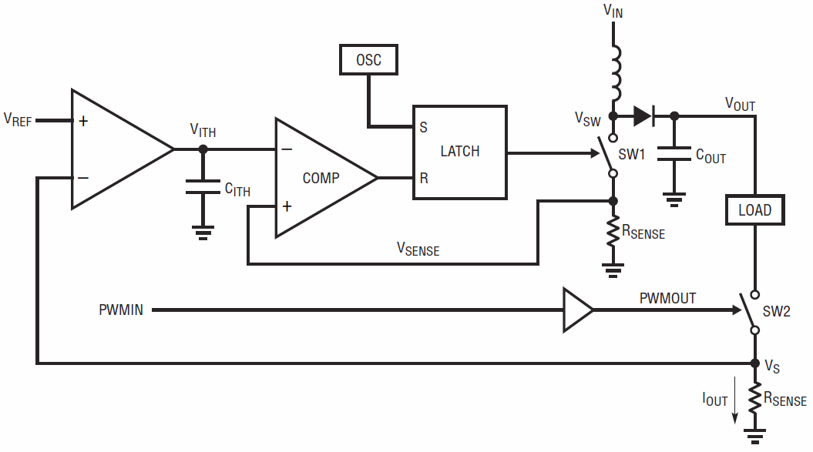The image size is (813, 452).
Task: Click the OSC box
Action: coord(368,59)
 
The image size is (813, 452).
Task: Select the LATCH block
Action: coord(460,152)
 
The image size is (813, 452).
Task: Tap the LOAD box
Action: coord(755,210)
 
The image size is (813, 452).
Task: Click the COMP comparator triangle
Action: coord(327,178)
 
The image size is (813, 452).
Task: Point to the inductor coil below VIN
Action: coord(616,73)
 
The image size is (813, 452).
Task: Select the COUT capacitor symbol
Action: coord(674,153)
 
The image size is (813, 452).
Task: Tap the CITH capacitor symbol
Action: coord(203,187)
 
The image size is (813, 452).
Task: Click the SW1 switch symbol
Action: coord(610,156)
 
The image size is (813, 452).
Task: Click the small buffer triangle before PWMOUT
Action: coord(578,310)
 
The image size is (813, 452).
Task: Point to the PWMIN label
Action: coord(121,310)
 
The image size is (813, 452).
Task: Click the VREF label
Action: coord(18,120)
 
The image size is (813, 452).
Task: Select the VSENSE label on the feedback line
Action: coord(418,249)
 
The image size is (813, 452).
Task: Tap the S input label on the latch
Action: coord(424,127)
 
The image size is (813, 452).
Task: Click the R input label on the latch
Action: coord(424,179)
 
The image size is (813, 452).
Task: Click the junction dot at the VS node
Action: coord(755,363)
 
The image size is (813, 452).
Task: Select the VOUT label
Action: coord(740,104)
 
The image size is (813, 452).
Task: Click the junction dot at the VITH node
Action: coord(203,149)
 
